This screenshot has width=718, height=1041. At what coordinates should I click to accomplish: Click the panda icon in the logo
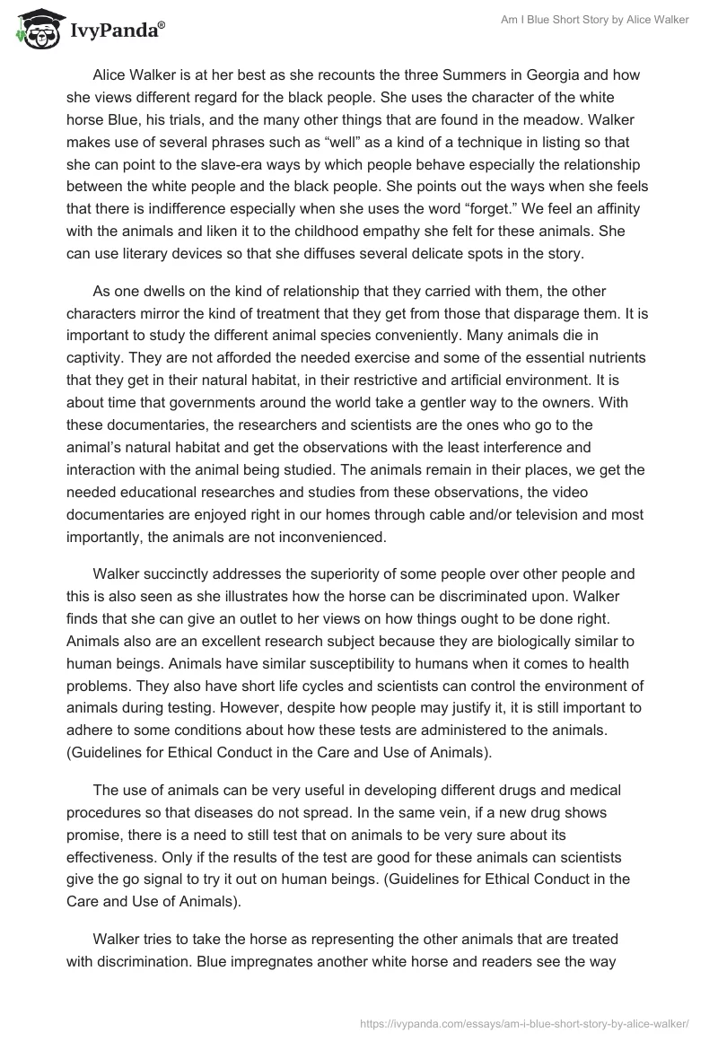(34, 30)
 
